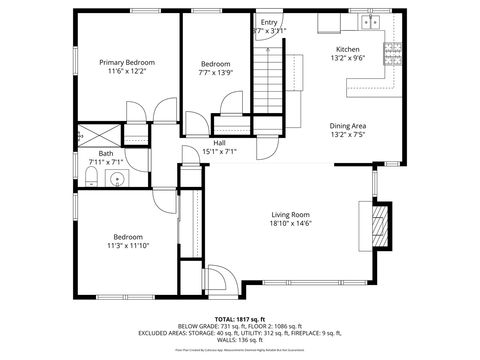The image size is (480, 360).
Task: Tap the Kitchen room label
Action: pyautogui.click(x=347, y=49)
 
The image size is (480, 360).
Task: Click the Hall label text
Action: pyautogui.click(x=218, y=143)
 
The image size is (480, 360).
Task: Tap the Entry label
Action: pyautogui.click(x=269, y=22)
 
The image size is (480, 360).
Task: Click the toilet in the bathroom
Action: pyautogui.click(x=90, y=179)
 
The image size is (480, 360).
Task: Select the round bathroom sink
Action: pyautogui.click(x=116, y=180)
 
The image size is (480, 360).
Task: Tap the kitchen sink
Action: pyautogui.click(x=373, y=22)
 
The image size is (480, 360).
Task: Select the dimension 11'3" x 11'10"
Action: pyautogui.click(x=128, y=246)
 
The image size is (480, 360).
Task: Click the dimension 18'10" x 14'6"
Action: pyautogui.click(x=290, y=224)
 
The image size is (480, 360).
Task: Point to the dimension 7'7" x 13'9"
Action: pyautogui.click(x=216, y=72)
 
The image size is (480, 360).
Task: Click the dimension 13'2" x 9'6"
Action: pyautogui.click(x=347, y=58)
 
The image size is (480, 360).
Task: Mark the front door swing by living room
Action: pyautogui.click(x=215, y=275)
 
